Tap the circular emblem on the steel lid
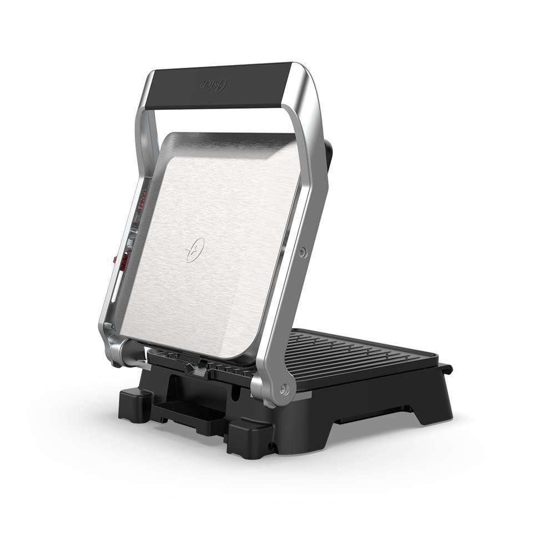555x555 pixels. (x=195, y=250)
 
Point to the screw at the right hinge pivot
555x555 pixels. (x=284, y=390)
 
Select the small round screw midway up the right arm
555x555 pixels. (x=302, y=253)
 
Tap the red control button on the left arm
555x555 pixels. (x=115, y=259)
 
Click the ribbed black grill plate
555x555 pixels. (x=355, y=355)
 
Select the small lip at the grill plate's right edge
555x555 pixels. (x=445, y=369)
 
